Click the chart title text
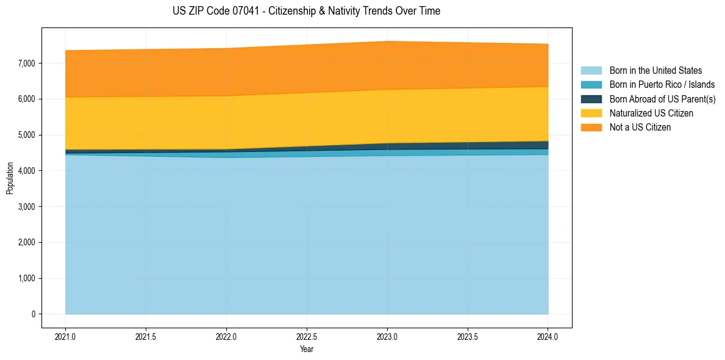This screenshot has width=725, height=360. click(306, 11)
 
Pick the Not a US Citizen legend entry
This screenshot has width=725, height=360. click(640, 128)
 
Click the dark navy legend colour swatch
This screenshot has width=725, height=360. click(591, 99)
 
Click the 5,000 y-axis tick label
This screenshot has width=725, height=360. click(26, 135)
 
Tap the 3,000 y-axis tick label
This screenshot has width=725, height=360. click(26, 206)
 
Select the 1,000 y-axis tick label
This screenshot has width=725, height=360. click(26, 278)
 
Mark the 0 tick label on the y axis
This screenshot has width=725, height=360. click(34, 314)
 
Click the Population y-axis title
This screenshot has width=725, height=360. click(9, 178)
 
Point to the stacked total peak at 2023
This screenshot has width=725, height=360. click(387, 41)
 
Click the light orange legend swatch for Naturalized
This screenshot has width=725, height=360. click(591, 113)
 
